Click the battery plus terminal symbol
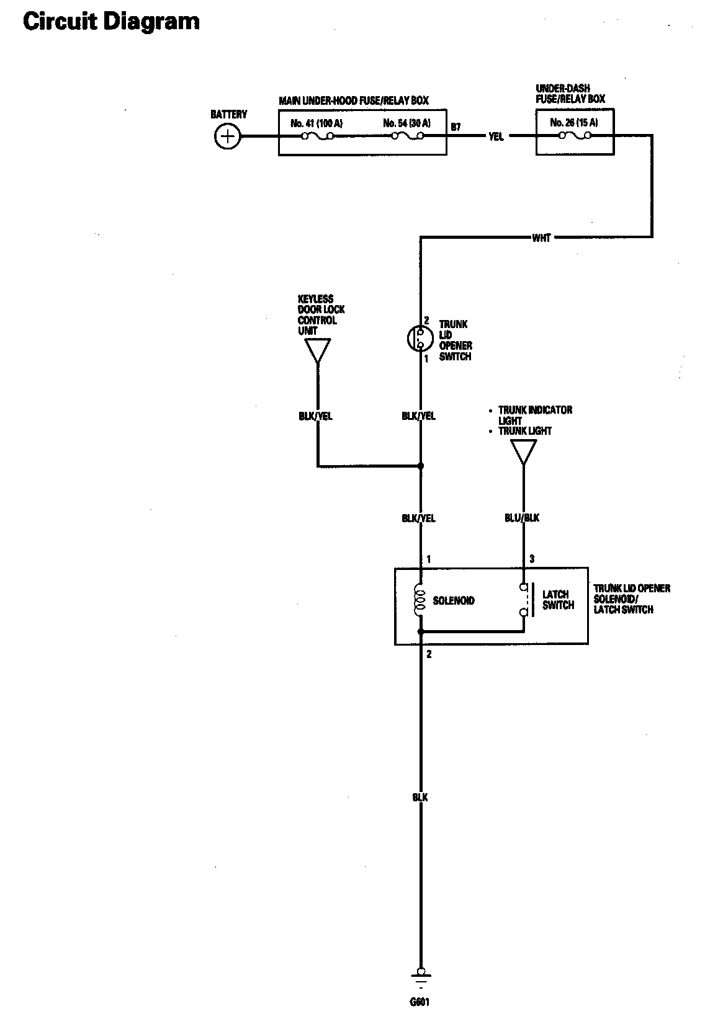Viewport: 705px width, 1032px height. pos(228,136)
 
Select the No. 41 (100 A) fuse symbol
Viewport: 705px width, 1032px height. pos(318,136)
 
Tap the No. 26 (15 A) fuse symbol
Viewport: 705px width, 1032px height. pos(575,136)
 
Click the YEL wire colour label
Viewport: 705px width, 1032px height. pos(496,136)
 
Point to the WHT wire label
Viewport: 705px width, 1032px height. pos(541,238)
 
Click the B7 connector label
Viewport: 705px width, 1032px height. pos(456,127)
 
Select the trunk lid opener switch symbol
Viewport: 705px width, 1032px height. pos(417,339)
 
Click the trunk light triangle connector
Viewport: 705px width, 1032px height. pos(523,451)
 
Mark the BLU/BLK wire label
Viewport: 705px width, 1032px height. pos(523,518)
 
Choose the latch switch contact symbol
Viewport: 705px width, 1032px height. pos(524,600)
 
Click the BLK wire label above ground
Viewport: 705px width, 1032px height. pos(420,797)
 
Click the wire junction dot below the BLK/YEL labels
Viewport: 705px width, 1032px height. pos(421,466)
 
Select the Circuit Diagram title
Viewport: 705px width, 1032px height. pos(112,22)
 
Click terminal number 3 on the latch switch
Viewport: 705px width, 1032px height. pos(532,559)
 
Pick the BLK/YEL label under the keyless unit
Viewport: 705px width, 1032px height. pos(315,416)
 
